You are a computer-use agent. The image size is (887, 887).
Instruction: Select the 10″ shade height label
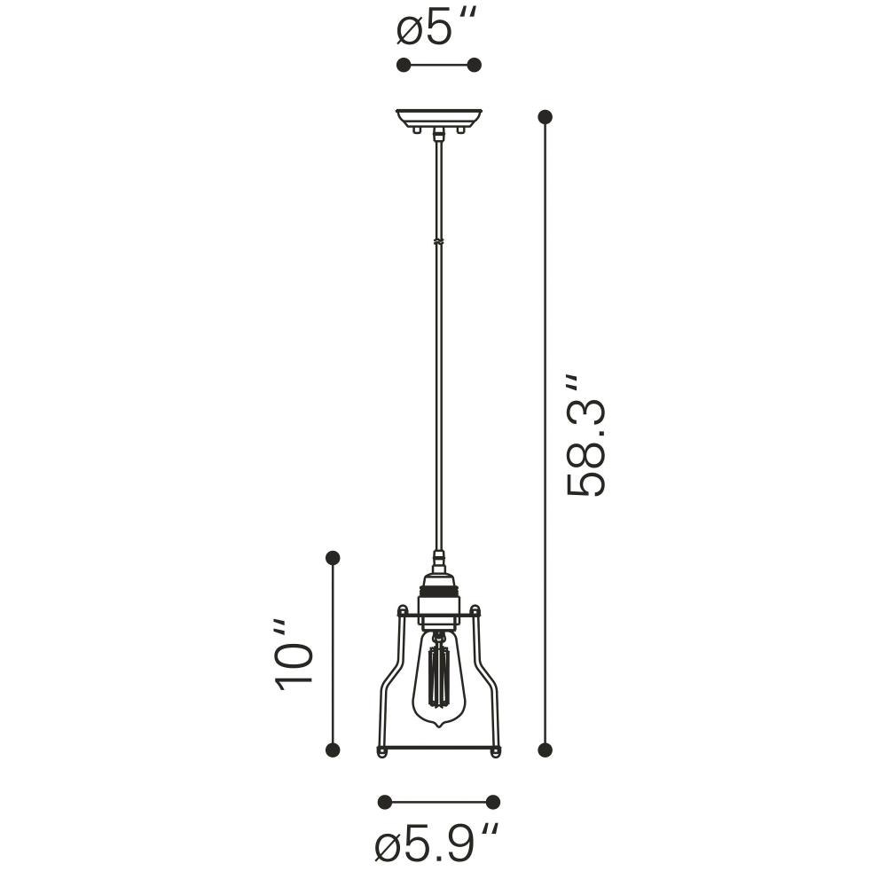pos(292,656)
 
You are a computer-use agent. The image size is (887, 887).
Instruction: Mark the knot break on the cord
pos(438,241)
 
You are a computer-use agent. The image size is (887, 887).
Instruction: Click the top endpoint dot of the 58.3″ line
pos(545,117)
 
